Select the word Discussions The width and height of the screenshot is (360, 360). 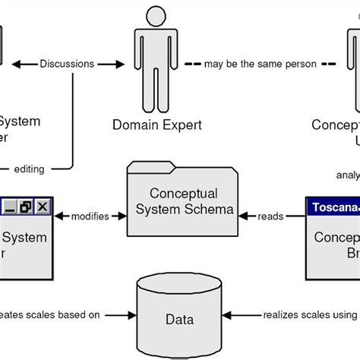coord(67,64)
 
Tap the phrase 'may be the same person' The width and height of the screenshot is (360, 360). coord(260,64)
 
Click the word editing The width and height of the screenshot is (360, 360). coord(30,169)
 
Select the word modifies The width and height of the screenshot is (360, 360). coord(89,216)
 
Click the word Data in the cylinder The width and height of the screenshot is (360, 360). coord(182,319)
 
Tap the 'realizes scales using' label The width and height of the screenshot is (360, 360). coord(311,314)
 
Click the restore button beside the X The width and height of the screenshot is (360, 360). coord(26,206)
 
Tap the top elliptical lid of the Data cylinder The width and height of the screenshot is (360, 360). coord(182,283)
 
